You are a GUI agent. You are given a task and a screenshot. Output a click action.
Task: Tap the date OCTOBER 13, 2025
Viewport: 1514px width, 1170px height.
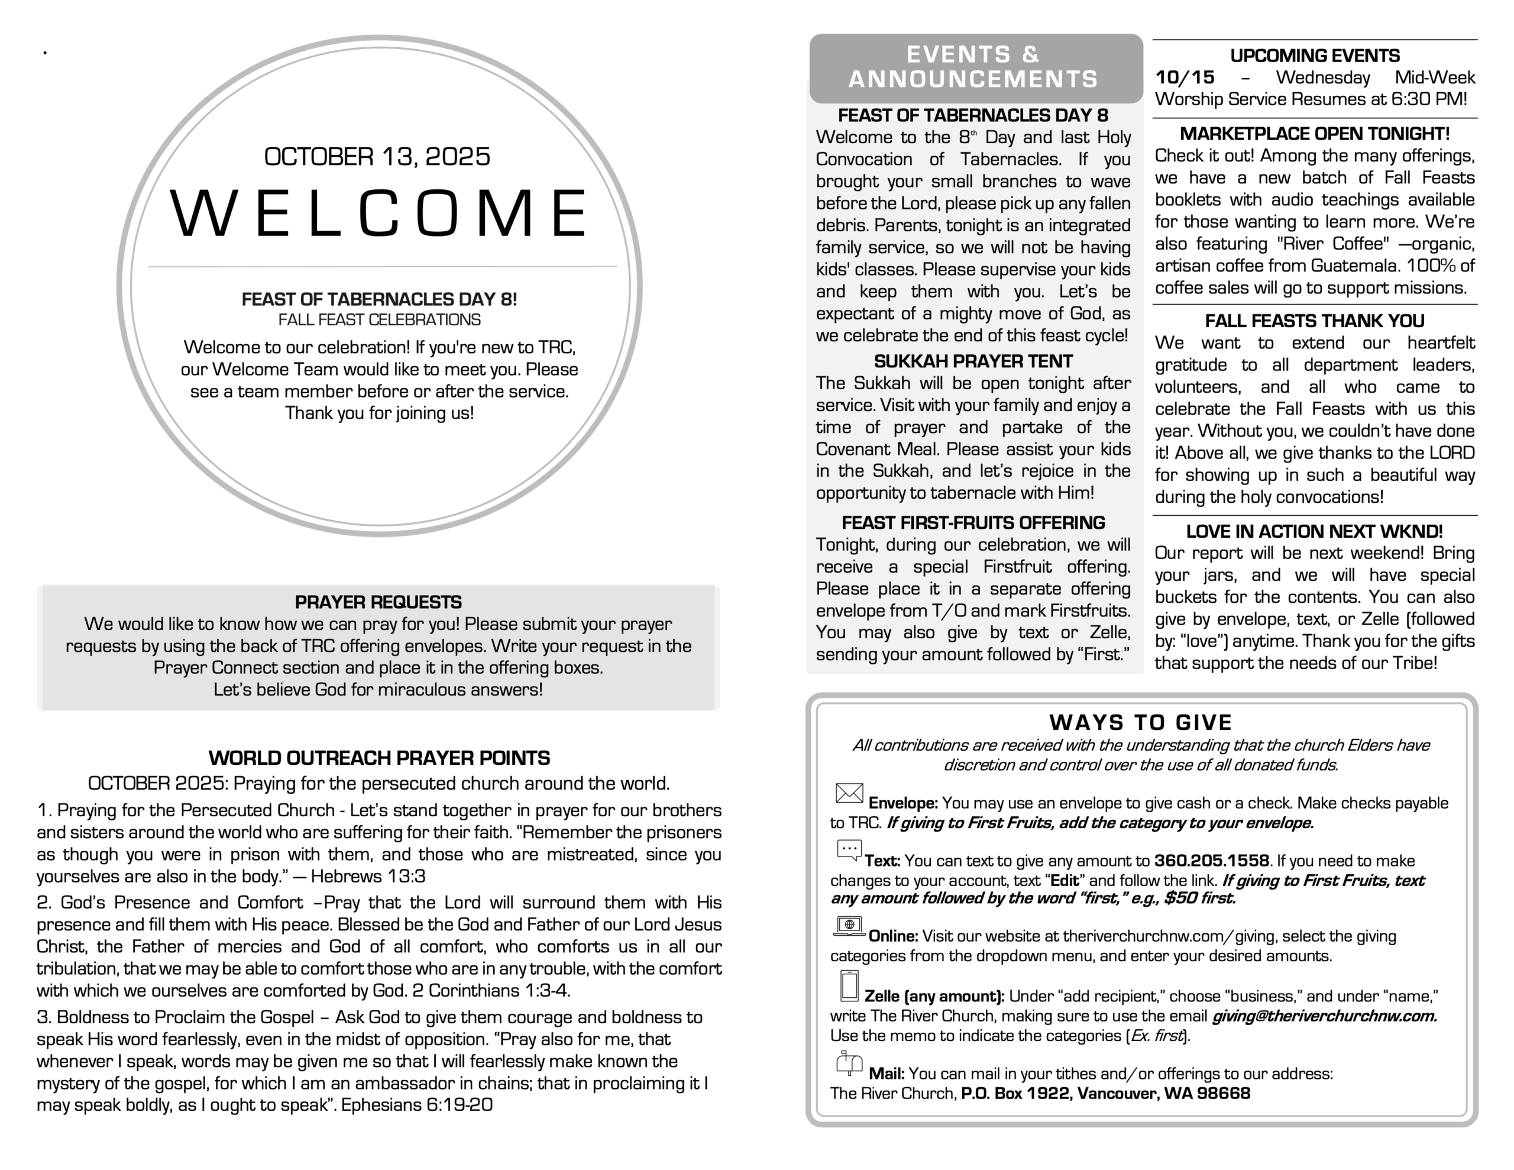(x=377, y=157)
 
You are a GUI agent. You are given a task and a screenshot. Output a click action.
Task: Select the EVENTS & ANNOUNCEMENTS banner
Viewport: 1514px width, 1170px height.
(x=975, y=67)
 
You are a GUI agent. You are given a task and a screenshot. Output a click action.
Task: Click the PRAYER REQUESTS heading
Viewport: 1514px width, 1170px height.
(x=378, y=602)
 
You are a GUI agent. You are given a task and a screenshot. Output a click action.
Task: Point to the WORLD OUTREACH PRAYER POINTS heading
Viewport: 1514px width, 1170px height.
(x=379, y=758)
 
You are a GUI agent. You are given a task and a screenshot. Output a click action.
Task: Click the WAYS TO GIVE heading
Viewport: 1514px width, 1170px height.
(x=1141, y=723)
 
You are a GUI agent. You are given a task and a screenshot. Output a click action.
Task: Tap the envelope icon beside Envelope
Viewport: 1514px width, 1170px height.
(x=849, y=793)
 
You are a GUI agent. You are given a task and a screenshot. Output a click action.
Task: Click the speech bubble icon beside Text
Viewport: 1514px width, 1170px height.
(x=849, y=850)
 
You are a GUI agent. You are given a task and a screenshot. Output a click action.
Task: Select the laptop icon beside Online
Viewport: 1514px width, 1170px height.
(x=849, y=926)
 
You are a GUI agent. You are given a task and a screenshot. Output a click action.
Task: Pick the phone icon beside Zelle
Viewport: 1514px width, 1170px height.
(x=849, y=985)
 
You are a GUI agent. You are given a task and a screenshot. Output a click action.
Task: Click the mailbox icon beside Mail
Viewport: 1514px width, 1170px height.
(x=849, y=1063)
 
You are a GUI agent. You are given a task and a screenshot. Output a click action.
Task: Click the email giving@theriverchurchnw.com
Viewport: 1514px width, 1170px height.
(x=1324, y=1016)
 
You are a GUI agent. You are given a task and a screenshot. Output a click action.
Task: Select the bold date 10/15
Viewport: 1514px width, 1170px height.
(x=1185, y=77)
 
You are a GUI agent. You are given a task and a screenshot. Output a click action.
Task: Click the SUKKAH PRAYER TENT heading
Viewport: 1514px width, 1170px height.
(x=973, y=361)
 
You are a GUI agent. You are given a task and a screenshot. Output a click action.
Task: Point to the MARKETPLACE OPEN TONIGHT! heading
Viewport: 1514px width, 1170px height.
(x=1314, y=134)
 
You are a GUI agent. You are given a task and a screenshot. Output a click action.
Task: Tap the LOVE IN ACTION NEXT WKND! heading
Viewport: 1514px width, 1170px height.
(x=1314, y=531)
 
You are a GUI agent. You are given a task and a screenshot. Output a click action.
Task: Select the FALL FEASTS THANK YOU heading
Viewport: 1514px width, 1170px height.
(x=1314, y=321)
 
